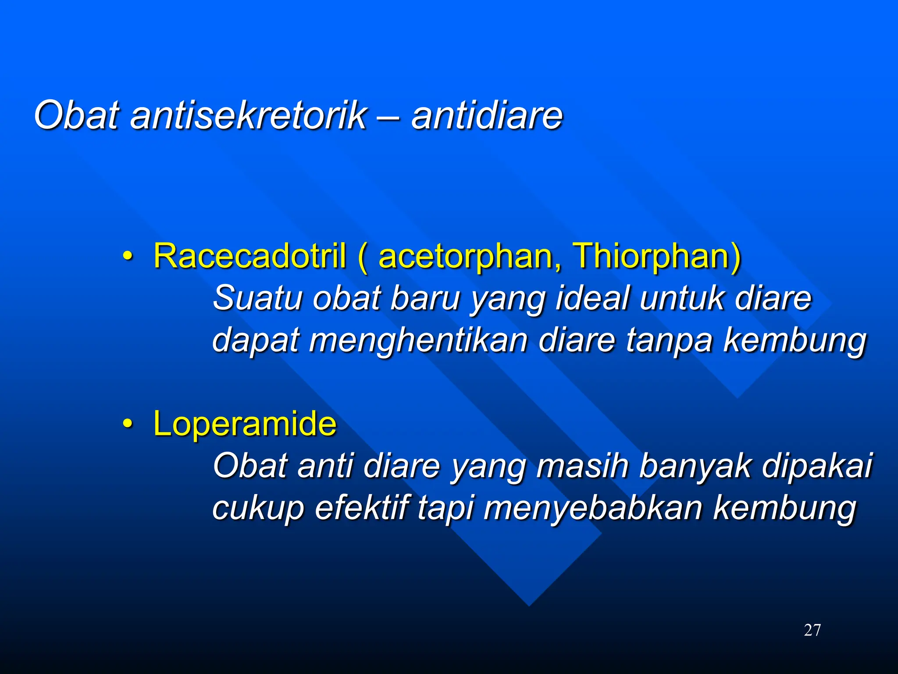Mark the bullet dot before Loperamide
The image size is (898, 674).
(127, 424)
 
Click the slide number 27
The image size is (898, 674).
(812, 630)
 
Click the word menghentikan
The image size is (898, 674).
(418, 340)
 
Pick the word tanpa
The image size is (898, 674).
(669, 340)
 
